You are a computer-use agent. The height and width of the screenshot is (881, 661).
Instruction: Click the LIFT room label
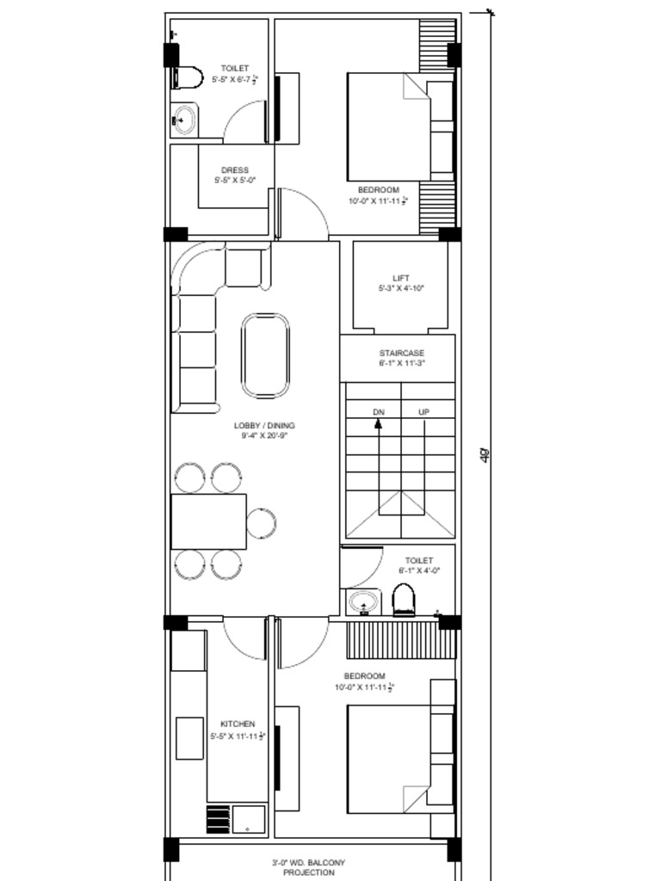click(401, 278)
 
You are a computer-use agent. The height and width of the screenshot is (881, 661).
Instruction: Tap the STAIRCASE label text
click(402, 353)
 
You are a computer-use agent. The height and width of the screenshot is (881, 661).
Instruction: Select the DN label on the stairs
click(379, 412)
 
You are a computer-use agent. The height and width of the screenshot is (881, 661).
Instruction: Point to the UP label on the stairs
click(423, 412)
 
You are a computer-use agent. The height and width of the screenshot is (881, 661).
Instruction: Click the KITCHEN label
click(237, 724)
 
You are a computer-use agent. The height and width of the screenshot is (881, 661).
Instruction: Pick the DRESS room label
click(234, 170)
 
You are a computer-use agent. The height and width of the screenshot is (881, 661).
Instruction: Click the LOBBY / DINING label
click(264, 425)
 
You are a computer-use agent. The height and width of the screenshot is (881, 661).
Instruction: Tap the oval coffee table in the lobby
click(265, 355)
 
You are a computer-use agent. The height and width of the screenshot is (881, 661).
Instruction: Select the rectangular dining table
click(209, 521)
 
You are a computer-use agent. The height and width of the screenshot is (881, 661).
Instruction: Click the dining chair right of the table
click(261, 522)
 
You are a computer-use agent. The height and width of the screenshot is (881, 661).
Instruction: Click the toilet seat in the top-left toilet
click(186, 77)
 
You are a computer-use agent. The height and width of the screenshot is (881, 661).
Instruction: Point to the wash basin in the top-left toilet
click(183, 120)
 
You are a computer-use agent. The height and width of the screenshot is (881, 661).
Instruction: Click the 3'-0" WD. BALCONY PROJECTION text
click(308, 867)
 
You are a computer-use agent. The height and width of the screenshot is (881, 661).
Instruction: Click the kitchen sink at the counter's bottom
click(249, 818)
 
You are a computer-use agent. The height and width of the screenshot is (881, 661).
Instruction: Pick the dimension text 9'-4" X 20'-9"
click(264, 436)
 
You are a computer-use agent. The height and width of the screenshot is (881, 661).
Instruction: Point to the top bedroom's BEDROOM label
click(378, 189)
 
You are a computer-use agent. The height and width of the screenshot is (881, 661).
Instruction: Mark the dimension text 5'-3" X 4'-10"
click(401, 289)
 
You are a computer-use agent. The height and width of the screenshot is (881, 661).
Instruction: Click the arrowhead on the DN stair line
click(378, 423)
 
